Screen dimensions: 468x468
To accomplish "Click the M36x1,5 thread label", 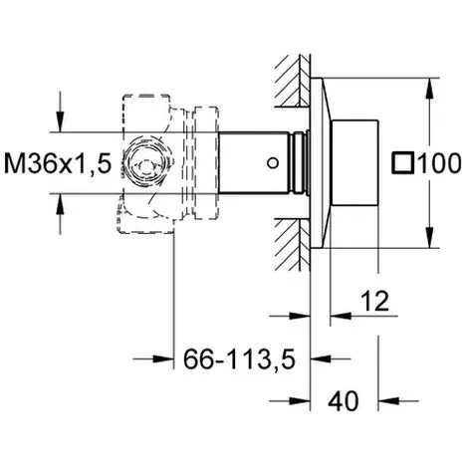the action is click(x=58, y=163).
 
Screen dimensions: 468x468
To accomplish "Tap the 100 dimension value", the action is click(x=438, y=163).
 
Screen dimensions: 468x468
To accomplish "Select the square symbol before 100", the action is click(x=402, y=163).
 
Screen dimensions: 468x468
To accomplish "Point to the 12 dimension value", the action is click(x=374, y=301).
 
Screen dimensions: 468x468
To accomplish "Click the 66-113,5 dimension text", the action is click(x=239, y=359).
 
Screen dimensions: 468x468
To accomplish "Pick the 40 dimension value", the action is click(x=344, y=401).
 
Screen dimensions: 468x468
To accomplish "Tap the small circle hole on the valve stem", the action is click(x=273, y=163).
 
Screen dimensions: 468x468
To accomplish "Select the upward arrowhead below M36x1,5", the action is click(x=60, y=204).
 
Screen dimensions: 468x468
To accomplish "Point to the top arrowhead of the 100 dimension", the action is click(x=429, y=89).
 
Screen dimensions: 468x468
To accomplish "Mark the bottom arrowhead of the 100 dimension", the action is click(x=429, y=237).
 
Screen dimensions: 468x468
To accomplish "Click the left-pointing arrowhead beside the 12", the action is click(x=341, y=316).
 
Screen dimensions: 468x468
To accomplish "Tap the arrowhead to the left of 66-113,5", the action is click(x=163, y=358).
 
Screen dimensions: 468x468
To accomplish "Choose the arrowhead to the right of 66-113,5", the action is click(x=321, y=358).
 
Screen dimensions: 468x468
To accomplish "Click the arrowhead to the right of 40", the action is click(x=389, y=401).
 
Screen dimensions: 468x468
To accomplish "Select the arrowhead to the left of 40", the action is click(x=300, y=401).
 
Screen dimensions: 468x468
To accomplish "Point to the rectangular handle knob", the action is click(x=355, y=163).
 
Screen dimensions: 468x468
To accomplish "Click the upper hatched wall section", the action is click(x=293, y=81).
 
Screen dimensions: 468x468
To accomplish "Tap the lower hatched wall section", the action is click(x=293, y=244).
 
